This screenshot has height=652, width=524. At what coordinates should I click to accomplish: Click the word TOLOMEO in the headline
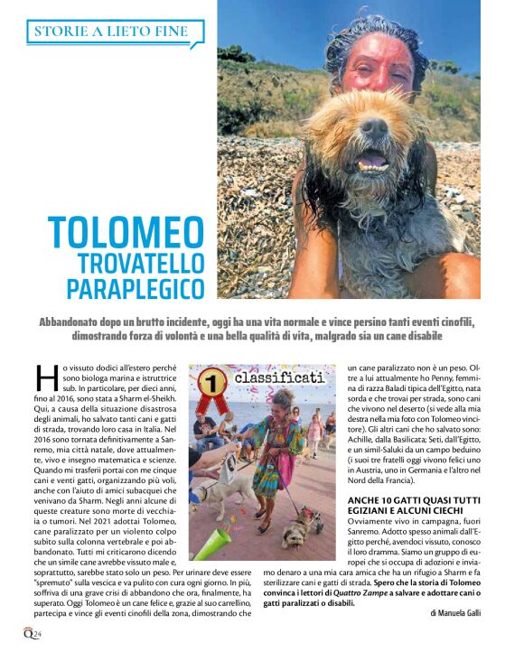click(x=126, y=233)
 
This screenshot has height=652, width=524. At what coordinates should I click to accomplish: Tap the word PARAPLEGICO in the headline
click(x=136, y=289)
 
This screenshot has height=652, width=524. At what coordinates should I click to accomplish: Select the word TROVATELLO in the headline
click(x=141, y=262)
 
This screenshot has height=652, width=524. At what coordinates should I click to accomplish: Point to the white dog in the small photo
click(x=222, y=492)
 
